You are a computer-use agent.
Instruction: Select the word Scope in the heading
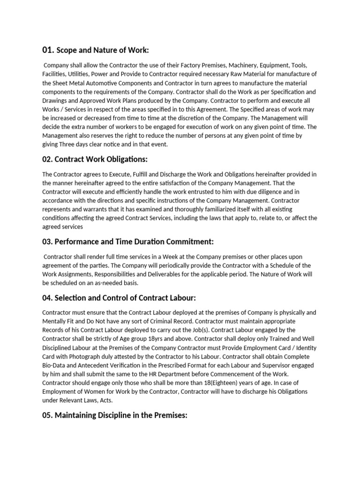click(x=67, y=50)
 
